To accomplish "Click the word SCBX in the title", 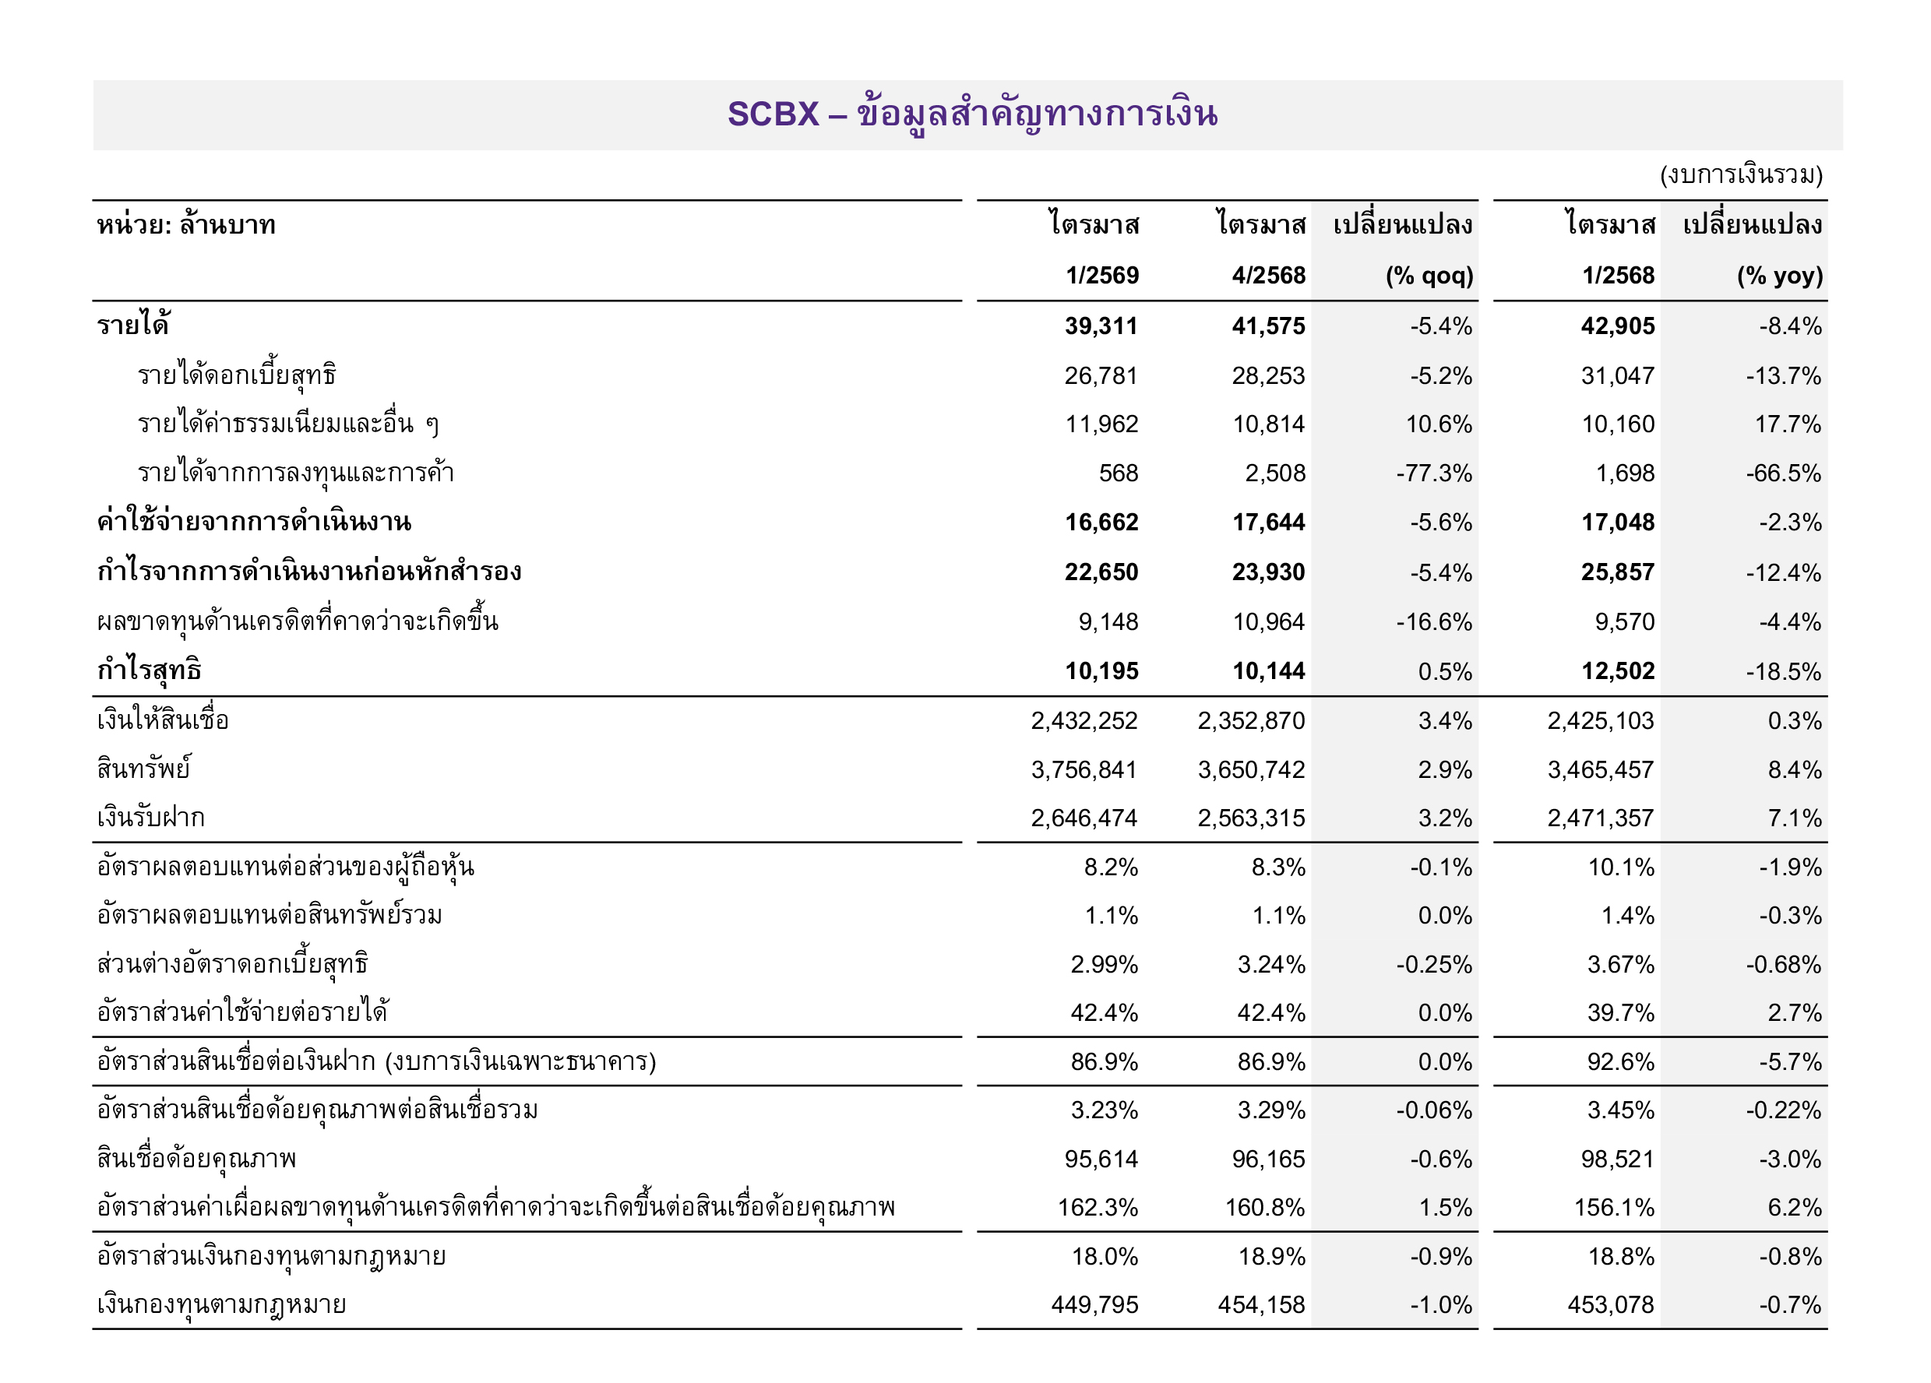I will [772, 114].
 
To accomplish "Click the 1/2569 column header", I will [1101, 276].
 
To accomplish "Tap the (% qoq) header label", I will [1429, 276].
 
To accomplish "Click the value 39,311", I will [1101, 326].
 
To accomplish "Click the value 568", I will [1118, 473].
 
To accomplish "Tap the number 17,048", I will [1618, 523].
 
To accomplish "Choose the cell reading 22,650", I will [1101, 572].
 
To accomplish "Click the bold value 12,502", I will [1618, 671].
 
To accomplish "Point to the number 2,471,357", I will [1601, 818].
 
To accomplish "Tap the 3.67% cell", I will [1620, 965].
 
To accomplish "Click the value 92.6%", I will [1620, 1062].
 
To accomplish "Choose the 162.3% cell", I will [1098, 1209].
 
